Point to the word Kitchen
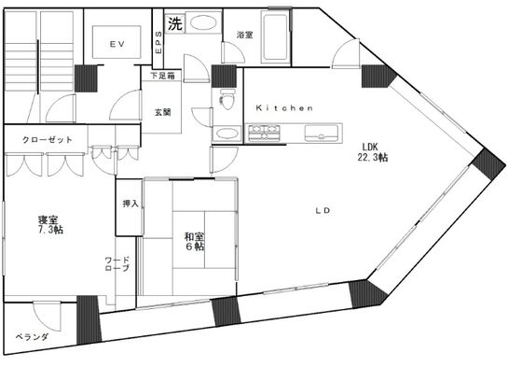pos(283,108)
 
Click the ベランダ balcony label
pos(31,336)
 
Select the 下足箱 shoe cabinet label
pos(164,74)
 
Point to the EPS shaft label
pos(158,40)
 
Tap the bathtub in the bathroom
pos(275,40)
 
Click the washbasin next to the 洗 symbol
pos(206,22)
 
